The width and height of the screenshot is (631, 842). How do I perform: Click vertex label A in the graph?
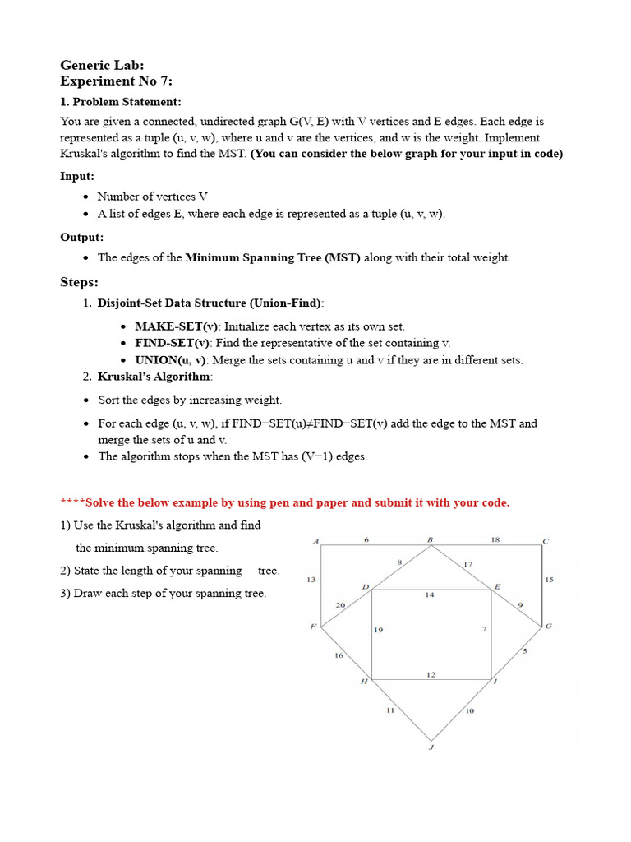pyautogui.click(x=315, y=541)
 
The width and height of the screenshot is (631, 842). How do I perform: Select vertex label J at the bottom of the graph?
pyautogui.click(x=431, y=747)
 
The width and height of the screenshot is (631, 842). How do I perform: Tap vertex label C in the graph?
pyautogui.click(x=545, y=541)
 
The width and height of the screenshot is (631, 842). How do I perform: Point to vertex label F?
pyautogui.click(x=312, y=627)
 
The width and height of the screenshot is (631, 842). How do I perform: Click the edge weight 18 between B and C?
pyautogui.click(x=495, y=539)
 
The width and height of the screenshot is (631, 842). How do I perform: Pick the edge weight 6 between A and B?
pyautogui.click(x=366, y=539)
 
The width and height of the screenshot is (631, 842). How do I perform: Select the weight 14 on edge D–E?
pyautogui.click(x=430, y=594)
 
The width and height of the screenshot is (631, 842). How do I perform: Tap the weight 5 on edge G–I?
pyautogui.click(x=525, y=651)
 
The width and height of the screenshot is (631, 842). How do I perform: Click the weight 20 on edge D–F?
pyautogui.click(x=340, y=605)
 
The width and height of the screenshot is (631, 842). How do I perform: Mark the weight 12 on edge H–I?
pyautogui.click(x=431, y=674)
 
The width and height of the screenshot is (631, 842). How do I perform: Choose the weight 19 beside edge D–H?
pyautogui.click(x=379, y=630)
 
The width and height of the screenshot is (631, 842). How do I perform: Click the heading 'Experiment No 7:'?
pyautogui.click(x=117, y=81)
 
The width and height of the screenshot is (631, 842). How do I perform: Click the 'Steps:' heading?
pyautogui.click(x=79, y=282)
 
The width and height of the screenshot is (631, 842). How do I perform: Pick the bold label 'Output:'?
pyautogui.click(x=81, y=237)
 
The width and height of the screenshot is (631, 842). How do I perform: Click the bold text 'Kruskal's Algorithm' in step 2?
pyautogui.click(x=154, y=377)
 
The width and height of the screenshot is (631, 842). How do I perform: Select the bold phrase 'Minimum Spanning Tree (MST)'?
pyautogui.click(x=273, y=257)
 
